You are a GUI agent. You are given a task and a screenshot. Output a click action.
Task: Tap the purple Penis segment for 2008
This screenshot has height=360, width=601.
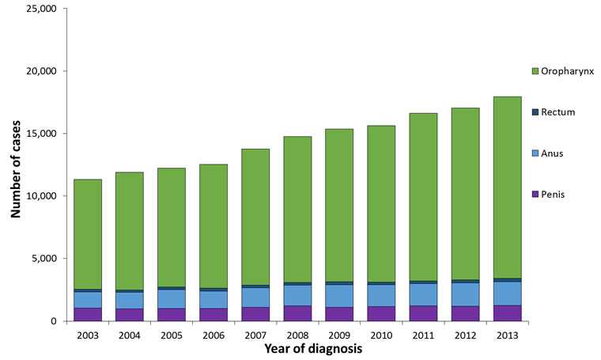click(297, 313)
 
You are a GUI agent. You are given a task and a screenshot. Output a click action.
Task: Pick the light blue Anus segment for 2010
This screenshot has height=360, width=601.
click(381, 295)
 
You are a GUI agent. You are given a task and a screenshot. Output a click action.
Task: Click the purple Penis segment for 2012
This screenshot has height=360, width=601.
click(465, 313)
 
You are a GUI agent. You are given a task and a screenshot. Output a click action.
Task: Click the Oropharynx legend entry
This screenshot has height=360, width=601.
click(561, 71)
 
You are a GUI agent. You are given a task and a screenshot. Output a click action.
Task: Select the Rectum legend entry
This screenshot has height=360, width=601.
click(554, 112)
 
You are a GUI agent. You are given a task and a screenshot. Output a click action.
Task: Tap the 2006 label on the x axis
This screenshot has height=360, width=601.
click(214, 334)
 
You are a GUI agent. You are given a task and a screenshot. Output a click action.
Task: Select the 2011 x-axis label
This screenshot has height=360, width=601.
click(423, 334)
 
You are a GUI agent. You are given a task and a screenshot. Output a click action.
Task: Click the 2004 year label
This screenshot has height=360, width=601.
click(130, 334)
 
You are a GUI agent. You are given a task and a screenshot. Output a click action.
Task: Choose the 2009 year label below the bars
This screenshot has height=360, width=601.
click(339, 334)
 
